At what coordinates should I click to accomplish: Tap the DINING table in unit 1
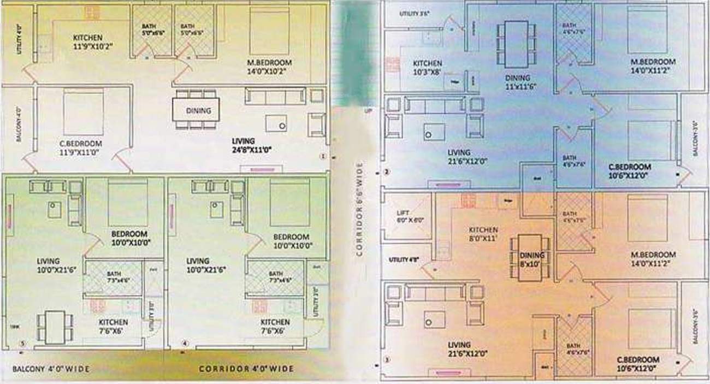point(197,110)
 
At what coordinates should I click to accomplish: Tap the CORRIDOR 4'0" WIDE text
point(246,369)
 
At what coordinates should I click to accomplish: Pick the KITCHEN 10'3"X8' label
point(428,67)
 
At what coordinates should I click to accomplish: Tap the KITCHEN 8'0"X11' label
point(483,234)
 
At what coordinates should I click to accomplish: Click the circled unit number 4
point(185,344)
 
